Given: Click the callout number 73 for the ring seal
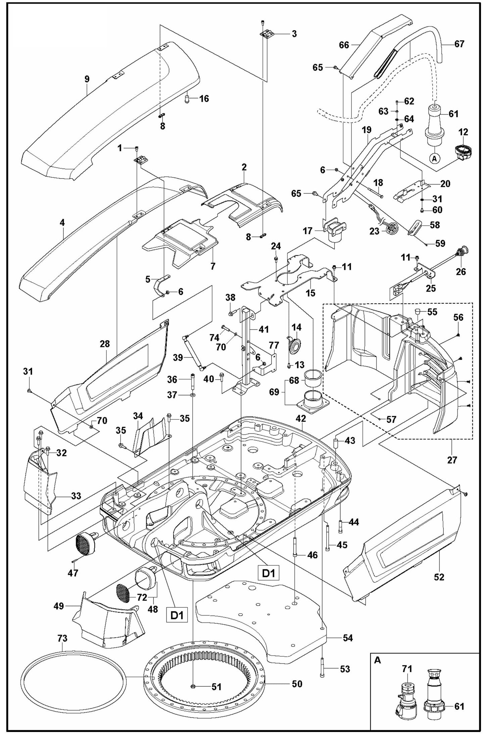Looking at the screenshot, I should (x=62, y=638).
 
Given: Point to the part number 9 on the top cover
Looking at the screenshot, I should (x=87, y=79).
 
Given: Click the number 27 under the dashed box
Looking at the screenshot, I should (x=452, y=460).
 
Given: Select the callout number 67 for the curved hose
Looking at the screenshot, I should (x=459, y=44).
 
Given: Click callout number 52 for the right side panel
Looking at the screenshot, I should (x=439, y=577).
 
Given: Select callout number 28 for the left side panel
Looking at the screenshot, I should (x=105, y=344).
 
